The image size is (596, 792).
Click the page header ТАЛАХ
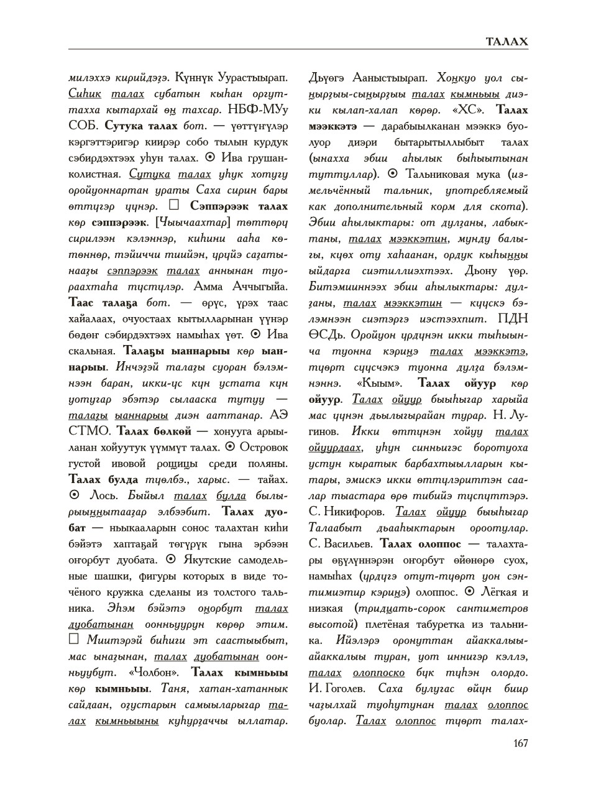507,42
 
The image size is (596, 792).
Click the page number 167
520,743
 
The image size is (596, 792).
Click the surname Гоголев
347,689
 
